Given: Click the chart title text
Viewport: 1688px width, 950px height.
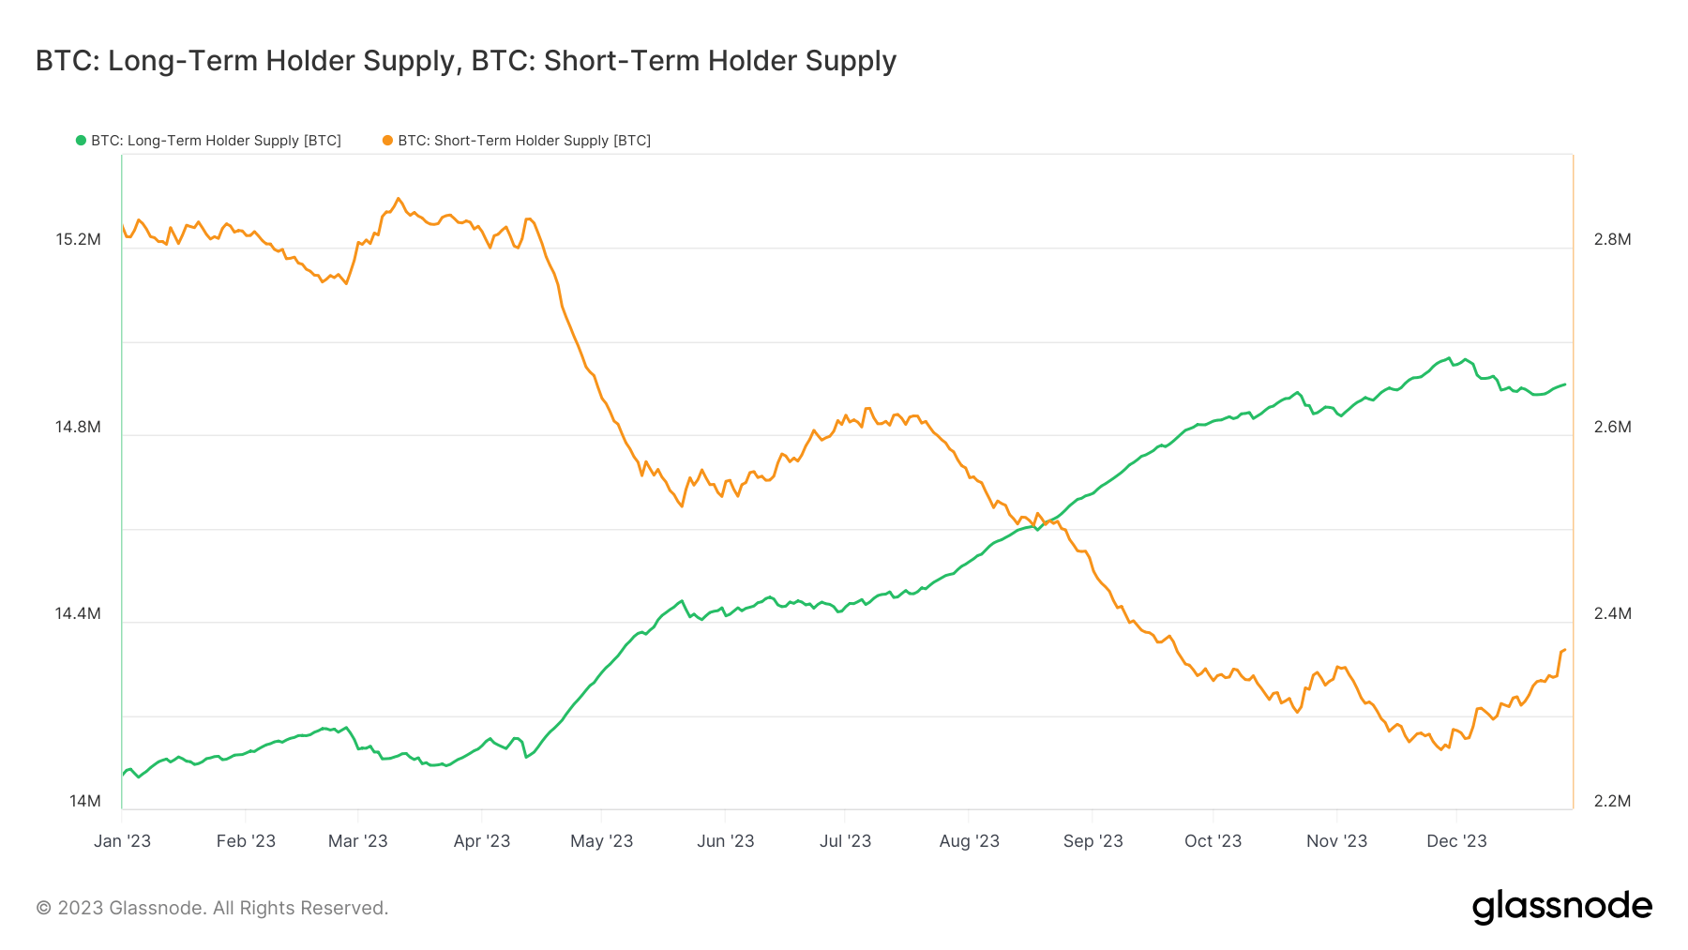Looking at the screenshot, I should [x=466, y=61].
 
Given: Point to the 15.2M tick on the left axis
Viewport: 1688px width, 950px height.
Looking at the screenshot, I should [x=78, y=240].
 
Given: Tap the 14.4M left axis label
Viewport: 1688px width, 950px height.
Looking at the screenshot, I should [x=78, y=614].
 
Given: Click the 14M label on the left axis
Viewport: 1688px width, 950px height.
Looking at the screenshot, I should [x=84, y=801].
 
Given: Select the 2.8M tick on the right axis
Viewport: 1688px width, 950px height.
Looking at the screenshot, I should [x=1612, y=240].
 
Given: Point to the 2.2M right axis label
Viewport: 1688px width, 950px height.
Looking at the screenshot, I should [x=1612, y=801].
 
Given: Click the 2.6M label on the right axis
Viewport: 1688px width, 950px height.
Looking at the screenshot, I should [x=1612, y=428].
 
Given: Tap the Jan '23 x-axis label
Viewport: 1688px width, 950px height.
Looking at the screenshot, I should [x=122, y=841].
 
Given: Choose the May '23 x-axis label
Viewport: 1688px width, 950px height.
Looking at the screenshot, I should [x=601, y=841].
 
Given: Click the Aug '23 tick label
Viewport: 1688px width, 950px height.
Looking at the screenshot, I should [x=969, y=841].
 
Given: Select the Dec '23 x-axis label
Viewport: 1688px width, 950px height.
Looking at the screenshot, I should [x=1456, y=841].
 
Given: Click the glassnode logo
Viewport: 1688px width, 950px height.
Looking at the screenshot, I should [x=1561, y=907].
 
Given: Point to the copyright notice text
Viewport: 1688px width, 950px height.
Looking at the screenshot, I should [x=212, y=908].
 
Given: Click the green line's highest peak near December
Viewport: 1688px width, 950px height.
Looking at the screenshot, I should [x=1450, y=358].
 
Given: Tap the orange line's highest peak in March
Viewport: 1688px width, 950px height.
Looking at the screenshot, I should [x=399, y=199].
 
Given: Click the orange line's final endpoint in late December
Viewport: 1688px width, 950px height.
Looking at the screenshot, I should [x=1564, y=650].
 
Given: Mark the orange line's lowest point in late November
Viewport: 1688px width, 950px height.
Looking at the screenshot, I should [x=1441, y=749].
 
